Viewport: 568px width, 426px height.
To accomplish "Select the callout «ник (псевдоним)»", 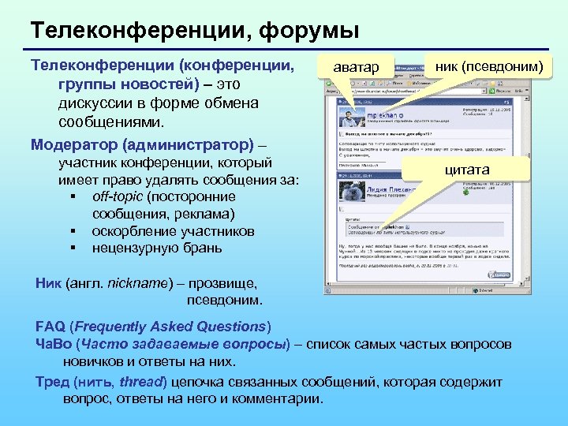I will coord(489,67).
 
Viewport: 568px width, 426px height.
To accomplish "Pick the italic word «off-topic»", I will coord(117,196).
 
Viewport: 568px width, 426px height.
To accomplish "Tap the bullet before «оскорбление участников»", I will coord(73,232).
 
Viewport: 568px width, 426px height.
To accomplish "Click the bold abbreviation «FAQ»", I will coord(50,327).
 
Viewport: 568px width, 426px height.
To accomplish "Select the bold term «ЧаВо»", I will coord(54,345).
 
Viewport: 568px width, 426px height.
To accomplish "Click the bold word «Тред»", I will coord(52,382).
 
